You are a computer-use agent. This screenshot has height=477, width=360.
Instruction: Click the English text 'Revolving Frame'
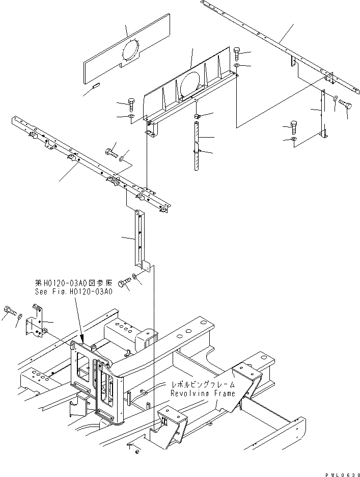[203, 393]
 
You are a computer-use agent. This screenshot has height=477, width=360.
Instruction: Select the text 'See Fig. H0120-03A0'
[73, 292]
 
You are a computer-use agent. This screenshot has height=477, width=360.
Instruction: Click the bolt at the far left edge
[9, 310]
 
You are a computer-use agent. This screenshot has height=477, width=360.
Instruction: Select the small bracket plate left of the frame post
[35, 322]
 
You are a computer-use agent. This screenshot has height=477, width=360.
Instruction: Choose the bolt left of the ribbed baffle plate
[131, 105]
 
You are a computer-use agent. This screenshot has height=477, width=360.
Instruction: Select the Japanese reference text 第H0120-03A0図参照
[73, 283]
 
